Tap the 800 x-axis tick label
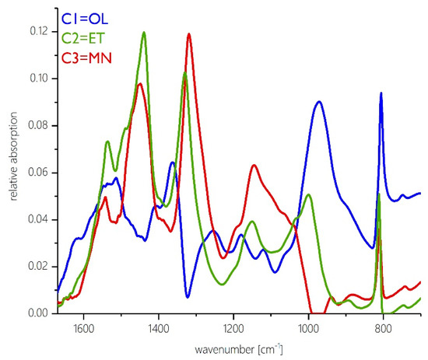[x=384, y=327]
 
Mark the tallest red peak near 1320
[x=188, y=33]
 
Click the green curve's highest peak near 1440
[x=144, y=33]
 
